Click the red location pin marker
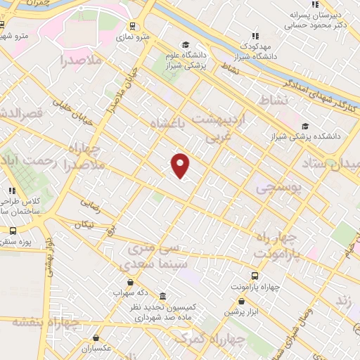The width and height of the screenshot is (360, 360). (181, 165)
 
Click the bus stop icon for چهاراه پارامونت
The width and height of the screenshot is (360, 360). (254, 276)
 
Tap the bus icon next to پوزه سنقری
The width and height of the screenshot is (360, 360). (13, 230)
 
